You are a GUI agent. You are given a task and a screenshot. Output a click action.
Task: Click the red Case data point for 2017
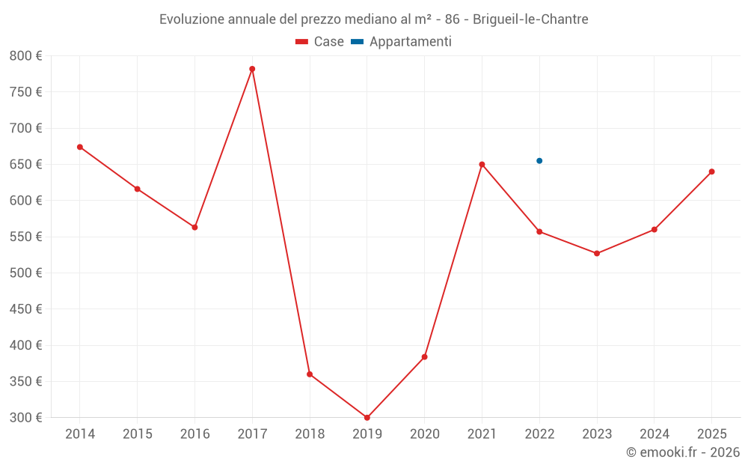tap(252, 69)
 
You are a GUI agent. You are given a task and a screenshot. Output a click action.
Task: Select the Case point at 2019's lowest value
tap(367, 417)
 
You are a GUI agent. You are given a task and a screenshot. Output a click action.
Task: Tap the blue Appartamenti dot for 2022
tap(539, 161)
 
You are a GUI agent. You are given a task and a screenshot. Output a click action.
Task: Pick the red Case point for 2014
tap(80, 147)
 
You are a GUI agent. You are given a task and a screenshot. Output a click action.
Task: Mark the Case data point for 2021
tap(482, 165)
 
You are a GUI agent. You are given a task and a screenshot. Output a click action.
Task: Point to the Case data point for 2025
tap(711, 171)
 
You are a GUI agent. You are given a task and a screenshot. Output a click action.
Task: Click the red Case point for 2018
tap(310, 374)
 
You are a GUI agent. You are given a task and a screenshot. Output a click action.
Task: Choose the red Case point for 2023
tap(597, 253)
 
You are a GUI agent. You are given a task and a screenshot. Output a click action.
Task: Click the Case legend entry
tap(320, 42)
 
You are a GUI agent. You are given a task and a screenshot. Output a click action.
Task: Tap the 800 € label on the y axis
tap(25, 55)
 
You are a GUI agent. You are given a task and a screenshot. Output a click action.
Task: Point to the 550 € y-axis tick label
tap(25, 237)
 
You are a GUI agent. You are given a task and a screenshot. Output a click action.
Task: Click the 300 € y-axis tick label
tap(25, 417)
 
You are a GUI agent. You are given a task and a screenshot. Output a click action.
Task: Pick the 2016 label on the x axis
tap(194, 434)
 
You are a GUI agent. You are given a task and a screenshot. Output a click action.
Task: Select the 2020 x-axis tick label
tap(424, 434)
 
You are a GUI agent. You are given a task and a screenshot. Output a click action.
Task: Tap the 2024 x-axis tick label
tap(654, 434)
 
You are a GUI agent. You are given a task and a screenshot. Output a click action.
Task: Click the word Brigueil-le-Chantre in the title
tap(530, 19)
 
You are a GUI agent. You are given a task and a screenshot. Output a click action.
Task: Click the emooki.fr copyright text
tap(683, 452)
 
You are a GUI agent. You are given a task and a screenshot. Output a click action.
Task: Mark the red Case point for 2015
tap(138, 189)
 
